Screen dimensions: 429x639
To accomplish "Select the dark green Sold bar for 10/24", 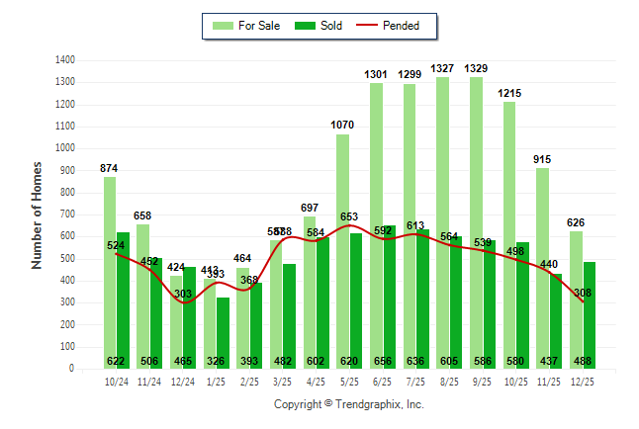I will [123, 297].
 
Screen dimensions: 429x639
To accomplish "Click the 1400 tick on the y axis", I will [66, 59].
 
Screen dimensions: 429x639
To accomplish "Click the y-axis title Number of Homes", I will [38, 214].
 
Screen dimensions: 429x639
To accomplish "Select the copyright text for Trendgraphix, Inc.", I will [348, 404].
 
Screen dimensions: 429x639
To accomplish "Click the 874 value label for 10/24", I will [109, 168].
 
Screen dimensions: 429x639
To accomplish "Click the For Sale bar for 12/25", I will [576, 297].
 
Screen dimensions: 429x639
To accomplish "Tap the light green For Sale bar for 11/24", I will [142, 297].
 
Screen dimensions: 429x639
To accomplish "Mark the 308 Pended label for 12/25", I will [584, 293].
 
